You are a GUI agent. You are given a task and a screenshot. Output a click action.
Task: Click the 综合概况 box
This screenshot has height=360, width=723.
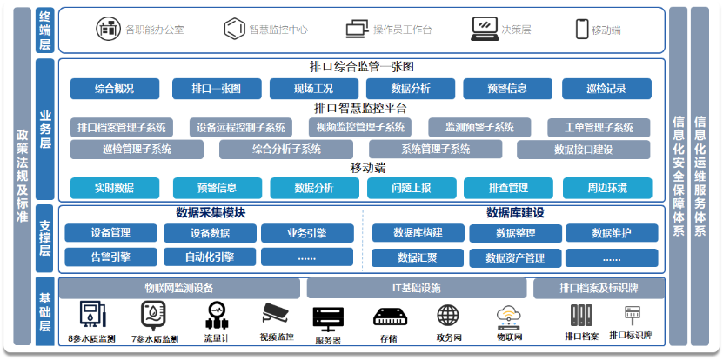click(x=114, y=88)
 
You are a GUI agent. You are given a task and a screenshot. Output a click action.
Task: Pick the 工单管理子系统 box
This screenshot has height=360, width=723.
click(x=599, y=128)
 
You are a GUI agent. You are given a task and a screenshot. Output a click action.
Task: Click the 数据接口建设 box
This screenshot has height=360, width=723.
click(x=583, y=150)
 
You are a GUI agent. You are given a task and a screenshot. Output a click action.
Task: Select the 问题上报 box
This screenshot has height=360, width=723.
click(x=411, y=187)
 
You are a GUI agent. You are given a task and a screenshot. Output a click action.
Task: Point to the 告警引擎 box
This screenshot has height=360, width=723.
click(x=110, y=257)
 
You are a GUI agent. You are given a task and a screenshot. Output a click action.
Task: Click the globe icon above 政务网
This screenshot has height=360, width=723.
click(x=447, y=316)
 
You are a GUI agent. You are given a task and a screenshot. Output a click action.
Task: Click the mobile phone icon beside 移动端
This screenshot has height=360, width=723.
click(x=581, y=29)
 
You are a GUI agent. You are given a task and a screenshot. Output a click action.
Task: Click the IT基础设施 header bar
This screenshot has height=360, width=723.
click(x=416, y=288)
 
